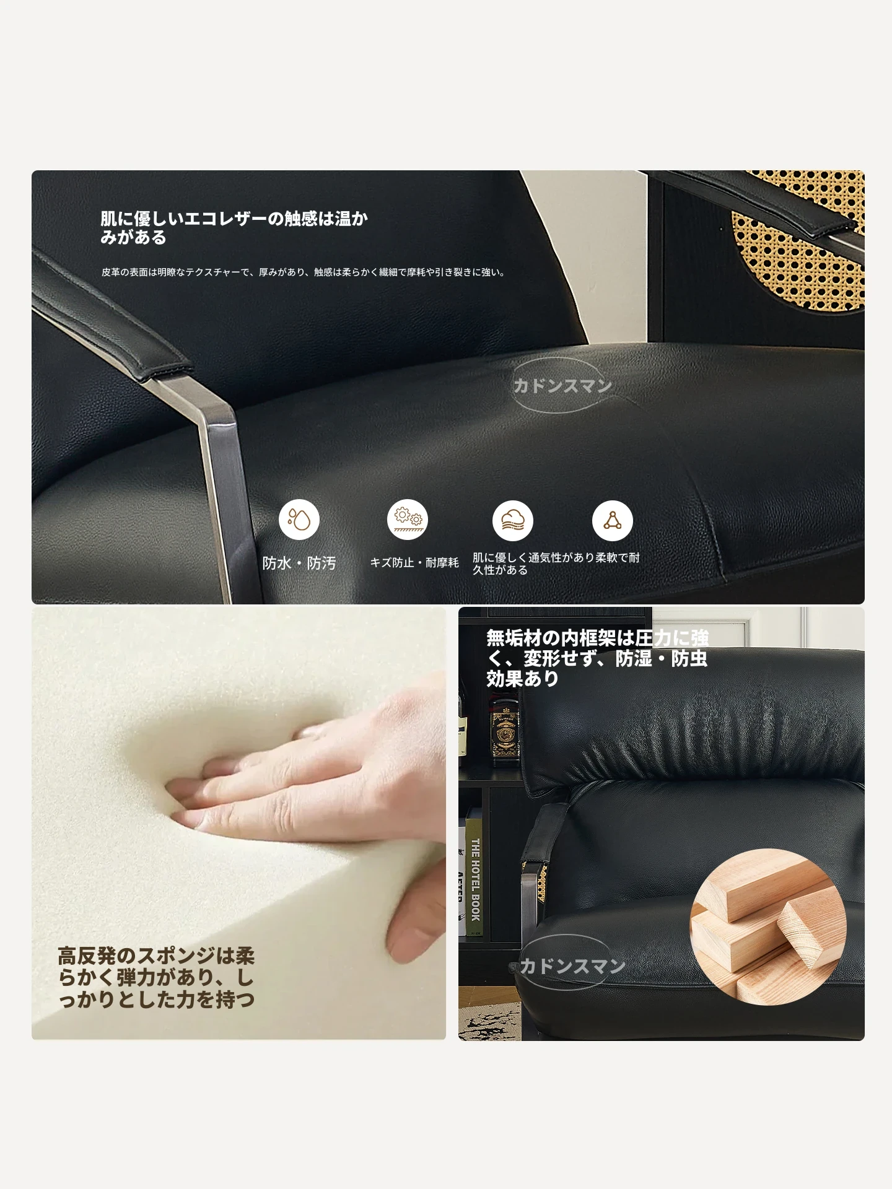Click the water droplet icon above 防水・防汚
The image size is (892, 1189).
click(x=299, y=520)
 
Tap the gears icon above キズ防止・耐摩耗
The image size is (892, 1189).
click(x=408, y=520)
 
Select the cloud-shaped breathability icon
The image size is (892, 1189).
click(x=513, y=520)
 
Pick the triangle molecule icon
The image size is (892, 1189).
click(x=613, y=520)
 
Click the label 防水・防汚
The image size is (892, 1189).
click(x=299, y=563)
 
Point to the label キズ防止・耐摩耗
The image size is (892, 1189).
click(x=414, y=562)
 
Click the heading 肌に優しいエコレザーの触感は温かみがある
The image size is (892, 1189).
click(x=234, y=227)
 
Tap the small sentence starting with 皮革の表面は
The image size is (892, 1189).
click(x=304, y=272)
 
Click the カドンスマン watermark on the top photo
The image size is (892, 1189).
click(x=562, y=386)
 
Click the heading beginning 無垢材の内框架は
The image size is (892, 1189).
click(x=597, y=658)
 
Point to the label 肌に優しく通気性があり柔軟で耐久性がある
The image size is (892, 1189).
click(x=556, y=563)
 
